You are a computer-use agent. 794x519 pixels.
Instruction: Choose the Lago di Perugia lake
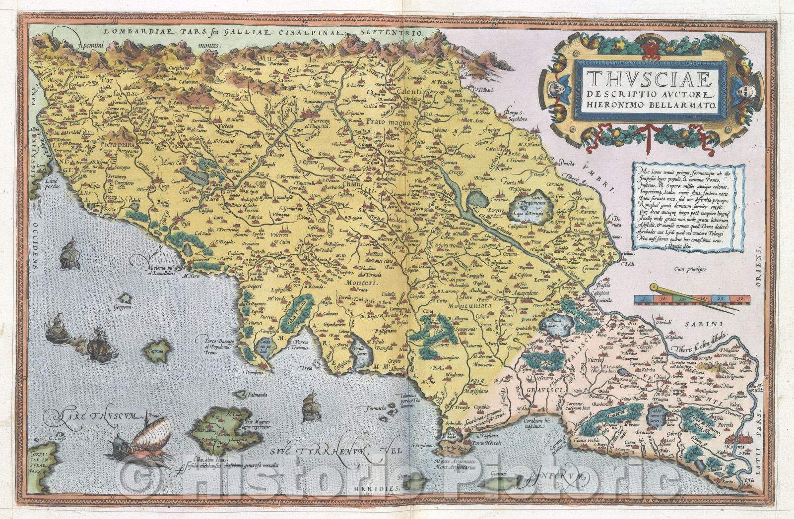(527, 203)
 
